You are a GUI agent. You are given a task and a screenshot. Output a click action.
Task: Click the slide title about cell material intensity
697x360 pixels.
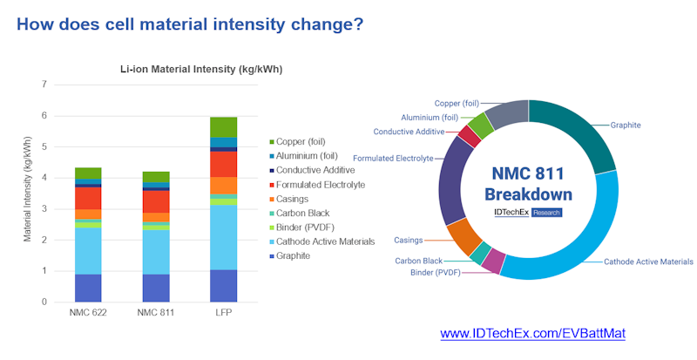190,24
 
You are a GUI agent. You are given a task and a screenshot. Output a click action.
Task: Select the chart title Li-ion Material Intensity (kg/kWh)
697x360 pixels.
200,69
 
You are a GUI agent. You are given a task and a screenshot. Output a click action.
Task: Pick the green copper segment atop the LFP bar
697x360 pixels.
224,127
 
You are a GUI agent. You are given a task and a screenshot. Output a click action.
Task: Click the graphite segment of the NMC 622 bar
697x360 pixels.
88,288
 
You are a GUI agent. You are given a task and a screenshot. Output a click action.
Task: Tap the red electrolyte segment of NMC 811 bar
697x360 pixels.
156,201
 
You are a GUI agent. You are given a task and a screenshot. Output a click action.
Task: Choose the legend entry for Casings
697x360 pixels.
294,199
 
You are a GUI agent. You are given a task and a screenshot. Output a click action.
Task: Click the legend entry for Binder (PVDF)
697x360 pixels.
308,228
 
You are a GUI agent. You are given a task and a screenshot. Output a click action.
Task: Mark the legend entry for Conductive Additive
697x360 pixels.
315,170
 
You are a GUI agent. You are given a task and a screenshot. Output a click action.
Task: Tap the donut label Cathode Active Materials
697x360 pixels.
648,262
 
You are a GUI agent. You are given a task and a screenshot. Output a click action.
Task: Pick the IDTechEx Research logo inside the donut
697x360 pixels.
528,212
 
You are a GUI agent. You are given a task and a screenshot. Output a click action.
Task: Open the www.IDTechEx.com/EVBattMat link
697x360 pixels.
532,334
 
